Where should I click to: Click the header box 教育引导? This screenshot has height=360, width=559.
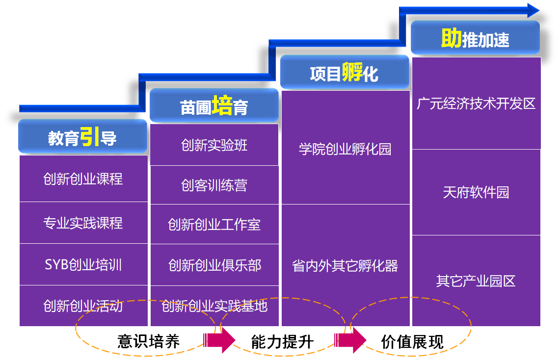pos(82,137)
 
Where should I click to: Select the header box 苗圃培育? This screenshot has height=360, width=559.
pos(214,106)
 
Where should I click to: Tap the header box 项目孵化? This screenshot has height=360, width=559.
pos(344,73)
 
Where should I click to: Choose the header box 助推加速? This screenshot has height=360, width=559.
pos(475,38)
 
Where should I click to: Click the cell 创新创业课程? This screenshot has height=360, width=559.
pos(83,179)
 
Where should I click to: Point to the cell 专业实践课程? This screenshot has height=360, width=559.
pos(83,223)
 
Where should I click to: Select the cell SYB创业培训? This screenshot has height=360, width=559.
pos(83,265)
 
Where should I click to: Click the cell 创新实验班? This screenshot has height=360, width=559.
pos(214,145)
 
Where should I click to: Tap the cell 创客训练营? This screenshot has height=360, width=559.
pos(214,185)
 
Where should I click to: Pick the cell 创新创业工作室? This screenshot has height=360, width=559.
pos(214,225)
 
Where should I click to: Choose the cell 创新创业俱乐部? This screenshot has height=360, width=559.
pos(214,265)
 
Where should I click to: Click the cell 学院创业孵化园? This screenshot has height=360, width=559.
pos(345,148)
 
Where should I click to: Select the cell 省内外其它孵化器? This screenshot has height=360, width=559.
pos(345,265)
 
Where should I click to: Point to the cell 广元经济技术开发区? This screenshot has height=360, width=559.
pos(476,103)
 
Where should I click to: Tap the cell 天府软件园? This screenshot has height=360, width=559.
pos(476,192)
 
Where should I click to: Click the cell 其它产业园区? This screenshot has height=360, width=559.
pos(476,281)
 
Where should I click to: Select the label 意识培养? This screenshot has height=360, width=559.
pos(148,341)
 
